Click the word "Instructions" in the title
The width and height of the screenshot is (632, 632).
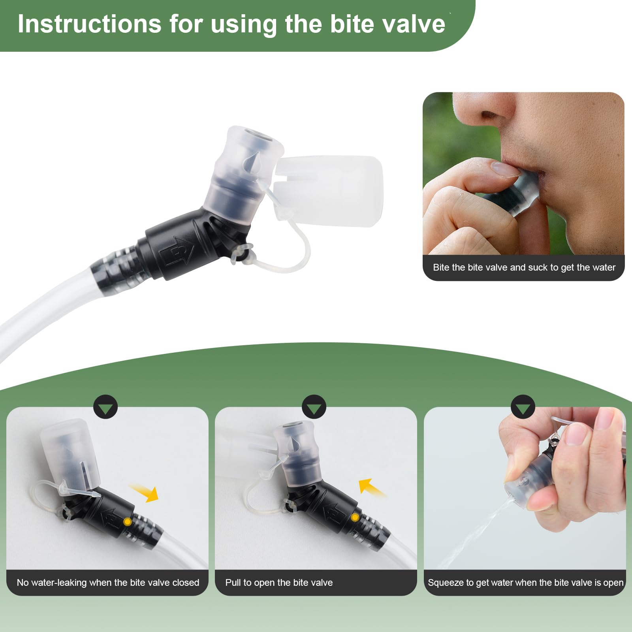[x=90, y=24]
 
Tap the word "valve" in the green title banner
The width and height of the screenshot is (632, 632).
[x=415, y=24]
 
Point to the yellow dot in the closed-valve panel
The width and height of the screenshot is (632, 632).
[x=127, y=522]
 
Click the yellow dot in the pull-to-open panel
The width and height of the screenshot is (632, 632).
[x=355, y=517]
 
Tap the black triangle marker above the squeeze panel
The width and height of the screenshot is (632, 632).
[x=523, y=407]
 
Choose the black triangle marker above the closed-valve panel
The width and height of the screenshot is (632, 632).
[x=105, y=407]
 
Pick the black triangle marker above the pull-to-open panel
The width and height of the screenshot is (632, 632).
[x=314, y=407]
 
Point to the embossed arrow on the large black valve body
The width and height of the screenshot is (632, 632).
[x=178, y=251]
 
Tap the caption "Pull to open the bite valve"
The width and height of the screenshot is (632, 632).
[x=279, y=583]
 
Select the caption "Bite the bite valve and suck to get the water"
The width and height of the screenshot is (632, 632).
[x=524, y=267]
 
